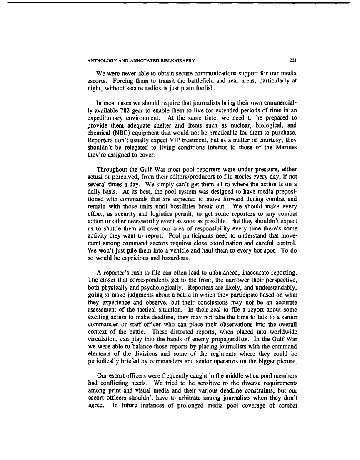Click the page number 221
point(292,60)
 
